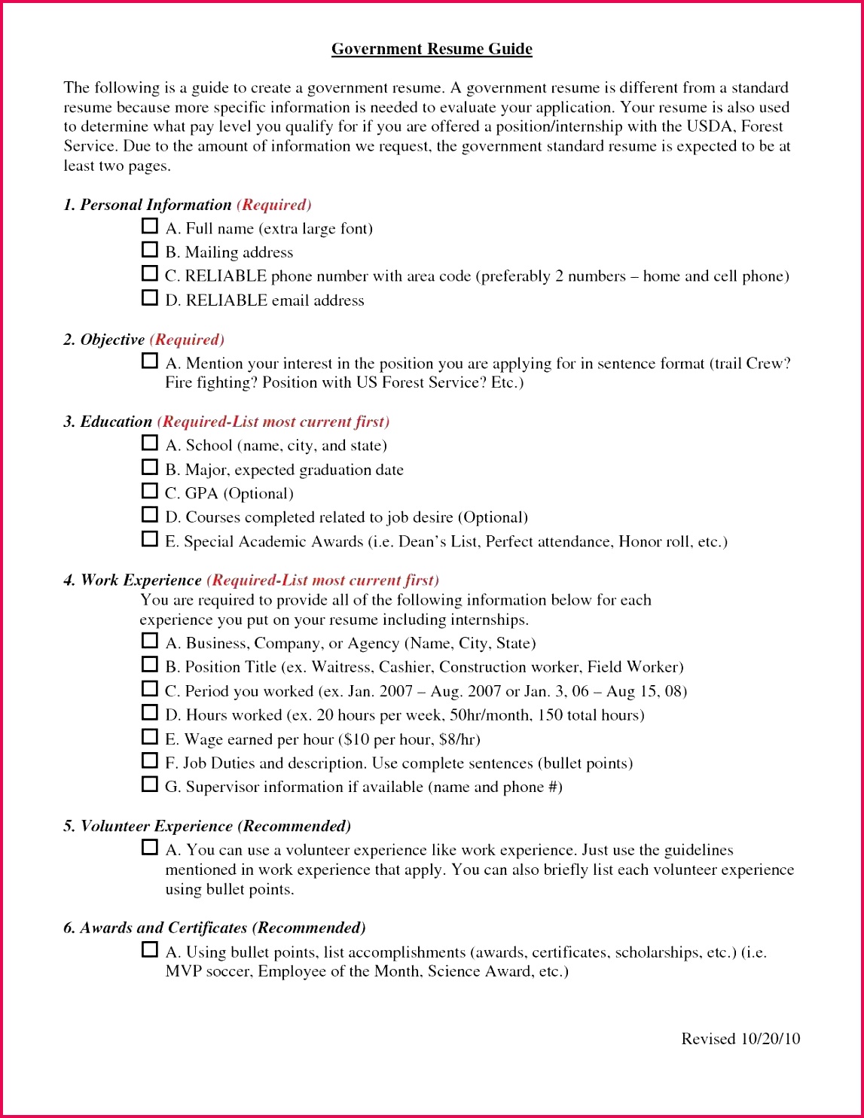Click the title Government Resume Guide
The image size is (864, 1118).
coord(432,50)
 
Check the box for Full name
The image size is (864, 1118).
coord(150,226)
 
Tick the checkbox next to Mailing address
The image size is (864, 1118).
coord(150,249)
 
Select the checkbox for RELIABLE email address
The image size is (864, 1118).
coord(150,297)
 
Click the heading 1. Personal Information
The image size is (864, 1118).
coord(148,205)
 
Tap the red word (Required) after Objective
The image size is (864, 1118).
coord(187,340)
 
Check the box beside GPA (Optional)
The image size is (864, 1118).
coord(150,491)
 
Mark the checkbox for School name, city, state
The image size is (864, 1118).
coord(150,443)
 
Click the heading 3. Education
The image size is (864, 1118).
coord(108,422)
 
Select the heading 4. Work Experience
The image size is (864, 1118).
coord(133,580)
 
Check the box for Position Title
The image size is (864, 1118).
coord(150,665)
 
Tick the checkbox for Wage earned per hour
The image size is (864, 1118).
coord(150,737)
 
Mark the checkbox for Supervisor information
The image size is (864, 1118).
coord(150,784)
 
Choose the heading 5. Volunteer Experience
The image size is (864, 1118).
coord(148,827)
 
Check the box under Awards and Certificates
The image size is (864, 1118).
coord(150,949)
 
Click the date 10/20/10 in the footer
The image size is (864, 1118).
coord(770,1039)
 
